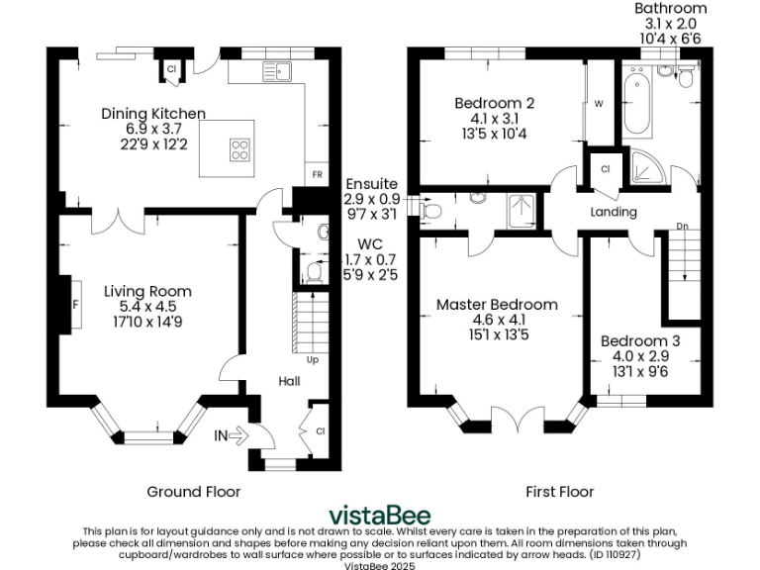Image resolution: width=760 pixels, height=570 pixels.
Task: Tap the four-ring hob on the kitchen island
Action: (x=240, y=149)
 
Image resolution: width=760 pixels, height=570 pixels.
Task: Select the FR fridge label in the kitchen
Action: (x=317, y=174)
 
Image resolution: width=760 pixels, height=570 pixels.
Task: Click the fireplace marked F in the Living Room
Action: (x=75, y=305)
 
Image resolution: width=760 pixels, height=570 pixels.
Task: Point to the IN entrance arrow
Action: (x=229, y=434)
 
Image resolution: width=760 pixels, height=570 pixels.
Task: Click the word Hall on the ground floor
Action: (x=289, y=381)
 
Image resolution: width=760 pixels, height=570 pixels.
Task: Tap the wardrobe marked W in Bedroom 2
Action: (x=599, y=103)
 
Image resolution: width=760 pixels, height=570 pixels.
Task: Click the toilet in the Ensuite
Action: (x=430, y=210)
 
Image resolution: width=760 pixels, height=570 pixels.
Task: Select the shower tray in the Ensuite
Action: (x=521, y=210)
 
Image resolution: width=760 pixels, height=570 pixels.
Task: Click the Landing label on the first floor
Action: (x=614, y=213)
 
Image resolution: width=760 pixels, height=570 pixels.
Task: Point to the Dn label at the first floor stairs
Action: (x=682, y=226)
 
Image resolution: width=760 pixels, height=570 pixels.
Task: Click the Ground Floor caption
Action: (x=193, y=491)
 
